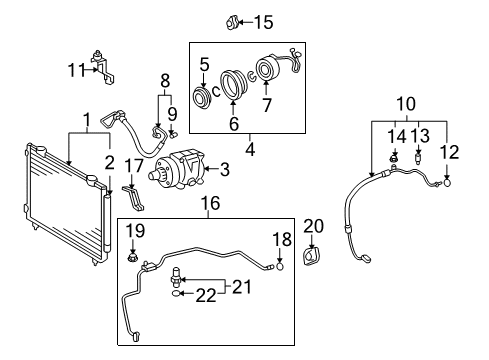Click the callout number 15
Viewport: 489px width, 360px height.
coord(264,22)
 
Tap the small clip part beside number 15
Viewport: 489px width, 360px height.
coord(232,23)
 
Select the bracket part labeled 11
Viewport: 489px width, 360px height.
coord(103,67)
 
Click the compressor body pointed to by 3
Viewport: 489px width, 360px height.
coord(177,170)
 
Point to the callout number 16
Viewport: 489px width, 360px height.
coord(211,203)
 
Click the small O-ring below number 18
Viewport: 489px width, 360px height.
coord(280,266)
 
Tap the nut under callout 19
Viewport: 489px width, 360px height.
coord(133,257)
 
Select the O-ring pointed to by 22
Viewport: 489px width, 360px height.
coord(176,293)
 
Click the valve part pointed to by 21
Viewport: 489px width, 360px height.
coord(176,277)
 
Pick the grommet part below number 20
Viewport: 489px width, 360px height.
coord(311,256)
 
